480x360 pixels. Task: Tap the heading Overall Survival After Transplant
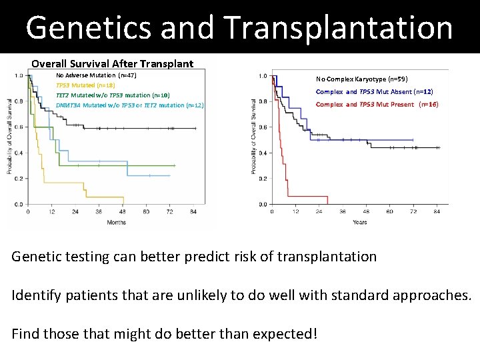pos(112,64)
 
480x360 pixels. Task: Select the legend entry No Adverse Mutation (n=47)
pos(96,76)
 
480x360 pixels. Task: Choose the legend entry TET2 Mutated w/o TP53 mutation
pos(103,95)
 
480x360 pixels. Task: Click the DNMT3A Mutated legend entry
pos(129,105)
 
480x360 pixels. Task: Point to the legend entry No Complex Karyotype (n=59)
pos(358,79)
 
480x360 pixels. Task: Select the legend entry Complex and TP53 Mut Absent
pos(374,91)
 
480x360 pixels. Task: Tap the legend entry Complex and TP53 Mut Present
pos(377,105)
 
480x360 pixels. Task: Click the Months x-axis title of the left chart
pos(116,222)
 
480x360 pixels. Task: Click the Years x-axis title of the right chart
pos(359,222)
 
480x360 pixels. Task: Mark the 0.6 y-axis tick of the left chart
pos(19,127)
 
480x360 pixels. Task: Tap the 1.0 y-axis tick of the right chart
pos(263,76)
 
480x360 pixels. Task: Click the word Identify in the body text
pos(37,295)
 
